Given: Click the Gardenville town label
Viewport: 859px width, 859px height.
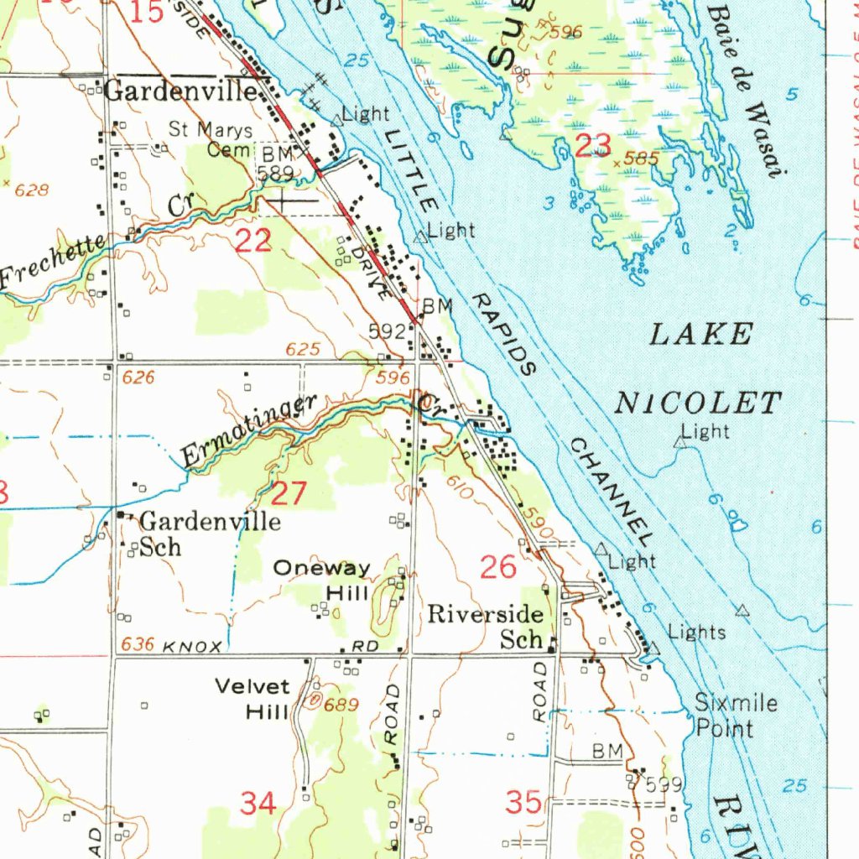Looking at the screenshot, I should [180, 91].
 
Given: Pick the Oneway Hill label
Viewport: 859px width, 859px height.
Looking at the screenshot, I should [323, 580].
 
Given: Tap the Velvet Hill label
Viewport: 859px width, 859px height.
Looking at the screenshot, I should [252, 699].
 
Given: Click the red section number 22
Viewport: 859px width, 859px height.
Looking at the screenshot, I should [252, 242].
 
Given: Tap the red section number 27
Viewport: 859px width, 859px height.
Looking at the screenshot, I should [289, 493].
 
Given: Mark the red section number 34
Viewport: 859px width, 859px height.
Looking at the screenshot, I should [258, 804].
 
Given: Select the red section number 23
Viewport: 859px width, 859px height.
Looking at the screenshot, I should [593, 145].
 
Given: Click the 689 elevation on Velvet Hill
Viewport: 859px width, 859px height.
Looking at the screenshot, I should [341, 705].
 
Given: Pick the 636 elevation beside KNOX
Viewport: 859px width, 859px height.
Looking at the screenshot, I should [138, 644].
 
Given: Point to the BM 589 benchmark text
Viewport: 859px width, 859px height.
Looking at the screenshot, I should [276, 164].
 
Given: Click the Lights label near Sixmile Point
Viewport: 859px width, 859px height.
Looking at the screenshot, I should [696, 632].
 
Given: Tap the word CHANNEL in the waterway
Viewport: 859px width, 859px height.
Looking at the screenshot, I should [611, 492].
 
